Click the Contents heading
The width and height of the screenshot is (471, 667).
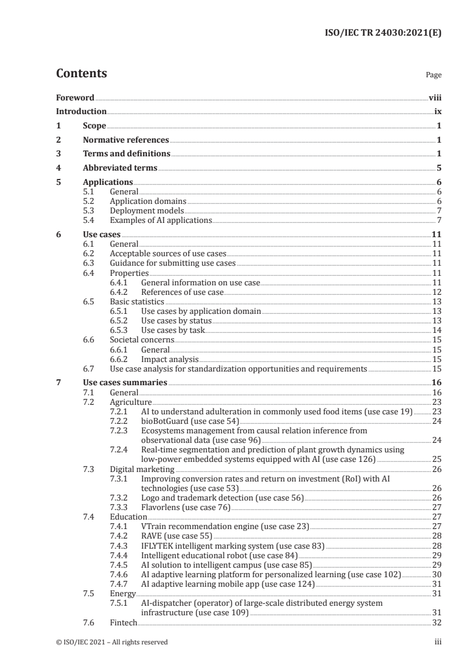[x=81, y=74]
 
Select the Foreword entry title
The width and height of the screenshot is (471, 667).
[x=75, y=97]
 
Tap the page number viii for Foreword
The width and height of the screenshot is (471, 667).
[x=435, y=97]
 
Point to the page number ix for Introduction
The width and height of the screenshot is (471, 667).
[x=437, y=112]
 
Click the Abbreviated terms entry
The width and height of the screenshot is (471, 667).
[x=120, y=168]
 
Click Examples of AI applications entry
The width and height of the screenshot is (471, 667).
[x=161, y=221]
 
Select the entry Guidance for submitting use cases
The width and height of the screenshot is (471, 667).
[x=173, y=263]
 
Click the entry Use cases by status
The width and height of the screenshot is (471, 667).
[x=176, y=321]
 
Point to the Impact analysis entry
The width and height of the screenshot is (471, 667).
[x=169, y=359]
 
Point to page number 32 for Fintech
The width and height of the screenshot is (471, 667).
[x=437, y=622]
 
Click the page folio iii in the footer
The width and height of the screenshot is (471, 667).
[x=438, y=642]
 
